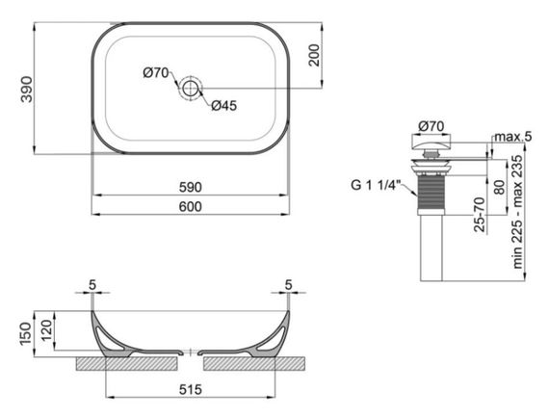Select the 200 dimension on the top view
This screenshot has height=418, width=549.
tap(313, 56)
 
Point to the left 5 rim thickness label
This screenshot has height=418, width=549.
tap(91, 284)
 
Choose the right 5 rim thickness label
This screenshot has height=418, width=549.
tap(288, 284)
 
